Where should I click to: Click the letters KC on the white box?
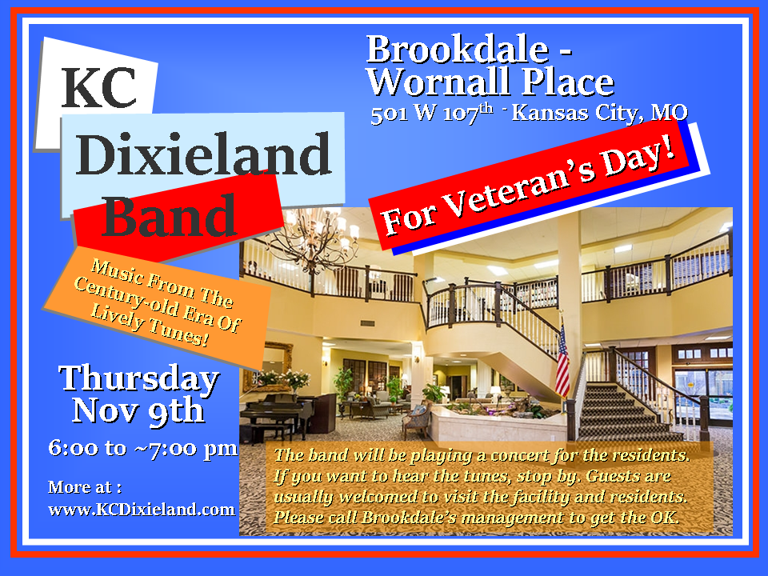click(99, 88)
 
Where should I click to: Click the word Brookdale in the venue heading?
click(458, 49)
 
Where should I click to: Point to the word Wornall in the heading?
click(439, 82)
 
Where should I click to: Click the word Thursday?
click(139, 379)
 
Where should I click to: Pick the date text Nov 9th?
click(138, 410)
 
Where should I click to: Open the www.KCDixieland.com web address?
click(142, 510)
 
